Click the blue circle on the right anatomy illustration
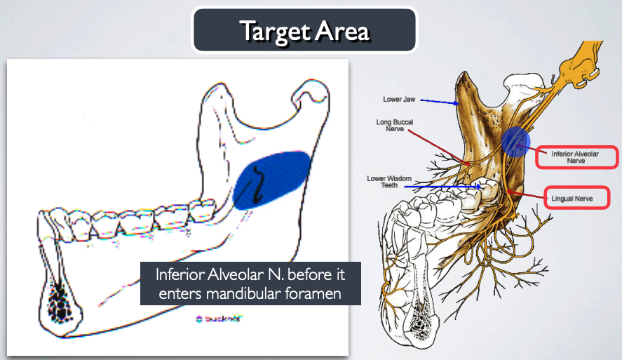point(515,141)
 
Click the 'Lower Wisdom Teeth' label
point(382,182)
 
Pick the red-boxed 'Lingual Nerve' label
point(572,199)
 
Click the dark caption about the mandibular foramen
point(250,283)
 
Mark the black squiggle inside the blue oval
point(259,187)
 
